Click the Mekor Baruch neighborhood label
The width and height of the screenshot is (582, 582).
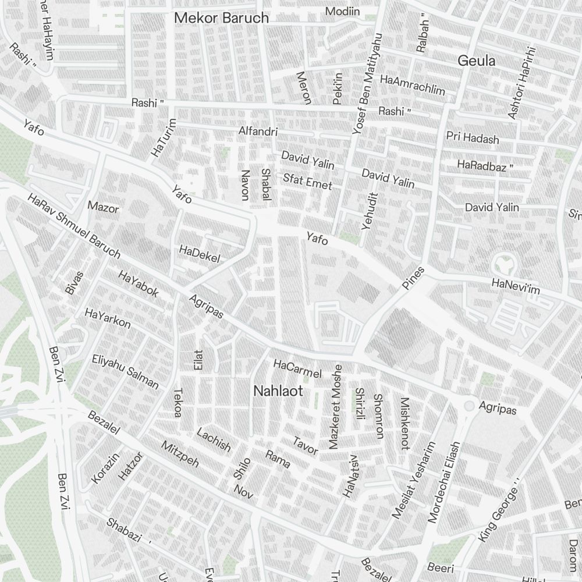[x=222, y=18]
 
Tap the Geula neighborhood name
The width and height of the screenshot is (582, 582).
[x=476, y=61]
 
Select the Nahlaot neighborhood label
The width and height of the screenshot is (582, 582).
[x=278, y=391]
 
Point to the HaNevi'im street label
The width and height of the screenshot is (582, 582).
[x=516, y=285]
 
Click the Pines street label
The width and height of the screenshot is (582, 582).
[x=413, y=278]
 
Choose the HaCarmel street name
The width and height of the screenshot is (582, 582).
[x=297, y=369]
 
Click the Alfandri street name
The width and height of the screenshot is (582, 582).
[x=258, y=132]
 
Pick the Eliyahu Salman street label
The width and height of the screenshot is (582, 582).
[x=125, y=371]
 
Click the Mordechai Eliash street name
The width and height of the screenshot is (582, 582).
[x=443, y=482]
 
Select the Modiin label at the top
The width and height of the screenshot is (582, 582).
[x=342, y=11]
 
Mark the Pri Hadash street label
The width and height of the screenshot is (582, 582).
[x=473, y=139]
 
